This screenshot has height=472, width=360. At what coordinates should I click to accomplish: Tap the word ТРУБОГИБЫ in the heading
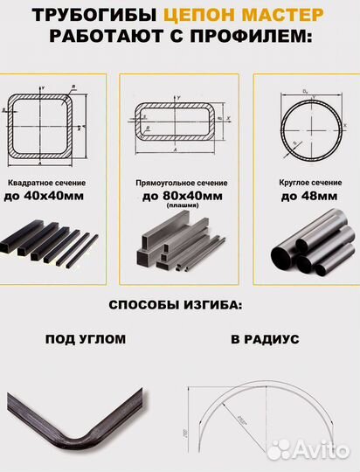[x=96, y=14]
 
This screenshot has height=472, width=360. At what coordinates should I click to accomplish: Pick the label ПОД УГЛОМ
[x=86, y=338]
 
